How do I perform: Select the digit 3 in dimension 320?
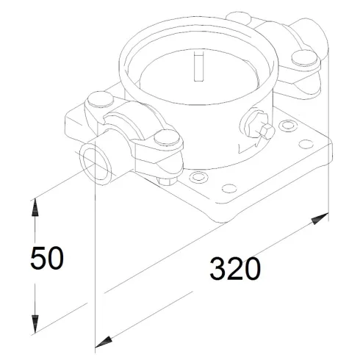coord(218,270)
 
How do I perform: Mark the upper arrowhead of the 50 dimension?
coord(35,209)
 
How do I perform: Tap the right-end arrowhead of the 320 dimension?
coord(321,218)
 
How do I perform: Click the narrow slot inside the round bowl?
coord(195,65)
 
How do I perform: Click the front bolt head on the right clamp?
coord(301,59)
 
